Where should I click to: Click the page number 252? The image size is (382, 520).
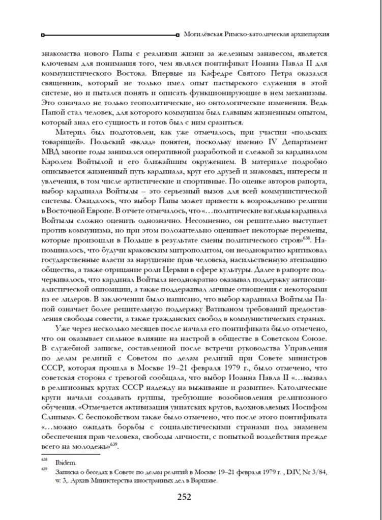(x=191, y=497)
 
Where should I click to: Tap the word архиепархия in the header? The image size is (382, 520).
(x=309, y=34)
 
